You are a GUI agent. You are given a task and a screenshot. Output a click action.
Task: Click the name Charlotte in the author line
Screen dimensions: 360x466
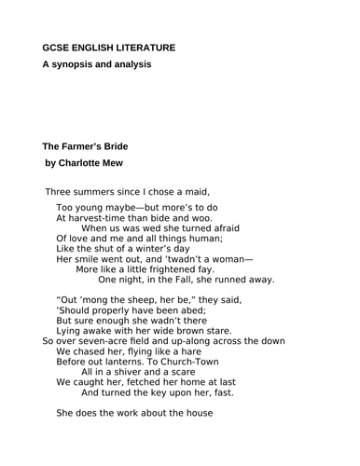[84, 165]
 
